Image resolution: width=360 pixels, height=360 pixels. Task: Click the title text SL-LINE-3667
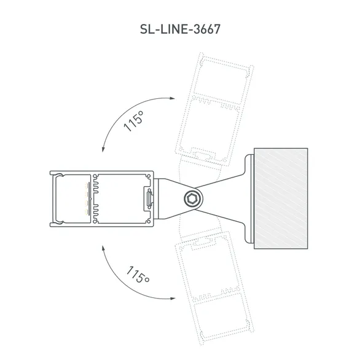coord(179,29)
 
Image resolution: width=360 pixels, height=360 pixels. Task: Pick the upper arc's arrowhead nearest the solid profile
coord(103,149)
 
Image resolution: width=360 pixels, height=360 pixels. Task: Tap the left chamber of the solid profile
coord(72,198)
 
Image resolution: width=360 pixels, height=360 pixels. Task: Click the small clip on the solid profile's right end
coord(149,198)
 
